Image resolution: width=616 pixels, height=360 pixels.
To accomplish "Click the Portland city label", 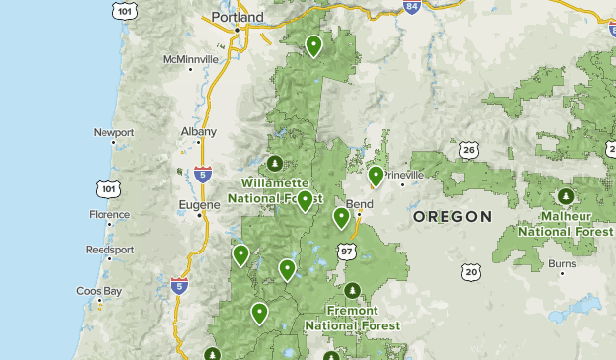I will (x=239, y=18).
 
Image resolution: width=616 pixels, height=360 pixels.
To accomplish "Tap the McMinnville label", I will (x=191, y=59).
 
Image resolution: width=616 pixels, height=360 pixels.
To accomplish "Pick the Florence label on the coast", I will (x=108, y=214).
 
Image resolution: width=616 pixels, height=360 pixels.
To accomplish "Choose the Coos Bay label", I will (x=100, y=291).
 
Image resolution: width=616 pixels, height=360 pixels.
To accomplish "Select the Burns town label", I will (x=562, y=264).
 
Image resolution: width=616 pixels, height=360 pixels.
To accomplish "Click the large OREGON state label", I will (x=451, y=216).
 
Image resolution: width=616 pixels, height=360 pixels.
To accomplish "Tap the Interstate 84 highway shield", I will (x=410, y=7).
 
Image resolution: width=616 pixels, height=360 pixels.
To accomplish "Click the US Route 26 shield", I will (x=469, y=151).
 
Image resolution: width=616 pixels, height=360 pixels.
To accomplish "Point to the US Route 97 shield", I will (x=346, y=252).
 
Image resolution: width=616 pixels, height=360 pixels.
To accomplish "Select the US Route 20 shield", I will (x=470, y=271).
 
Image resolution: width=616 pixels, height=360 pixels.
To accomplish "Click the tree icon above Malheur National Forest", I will (x=565, y=196).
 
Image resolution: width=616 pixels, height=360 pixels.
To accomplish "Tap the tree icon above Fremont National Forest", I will (x=353, y=290).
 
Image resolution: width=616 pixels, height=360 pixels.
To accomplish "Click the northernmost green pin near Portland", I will (x=313, y=44).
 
